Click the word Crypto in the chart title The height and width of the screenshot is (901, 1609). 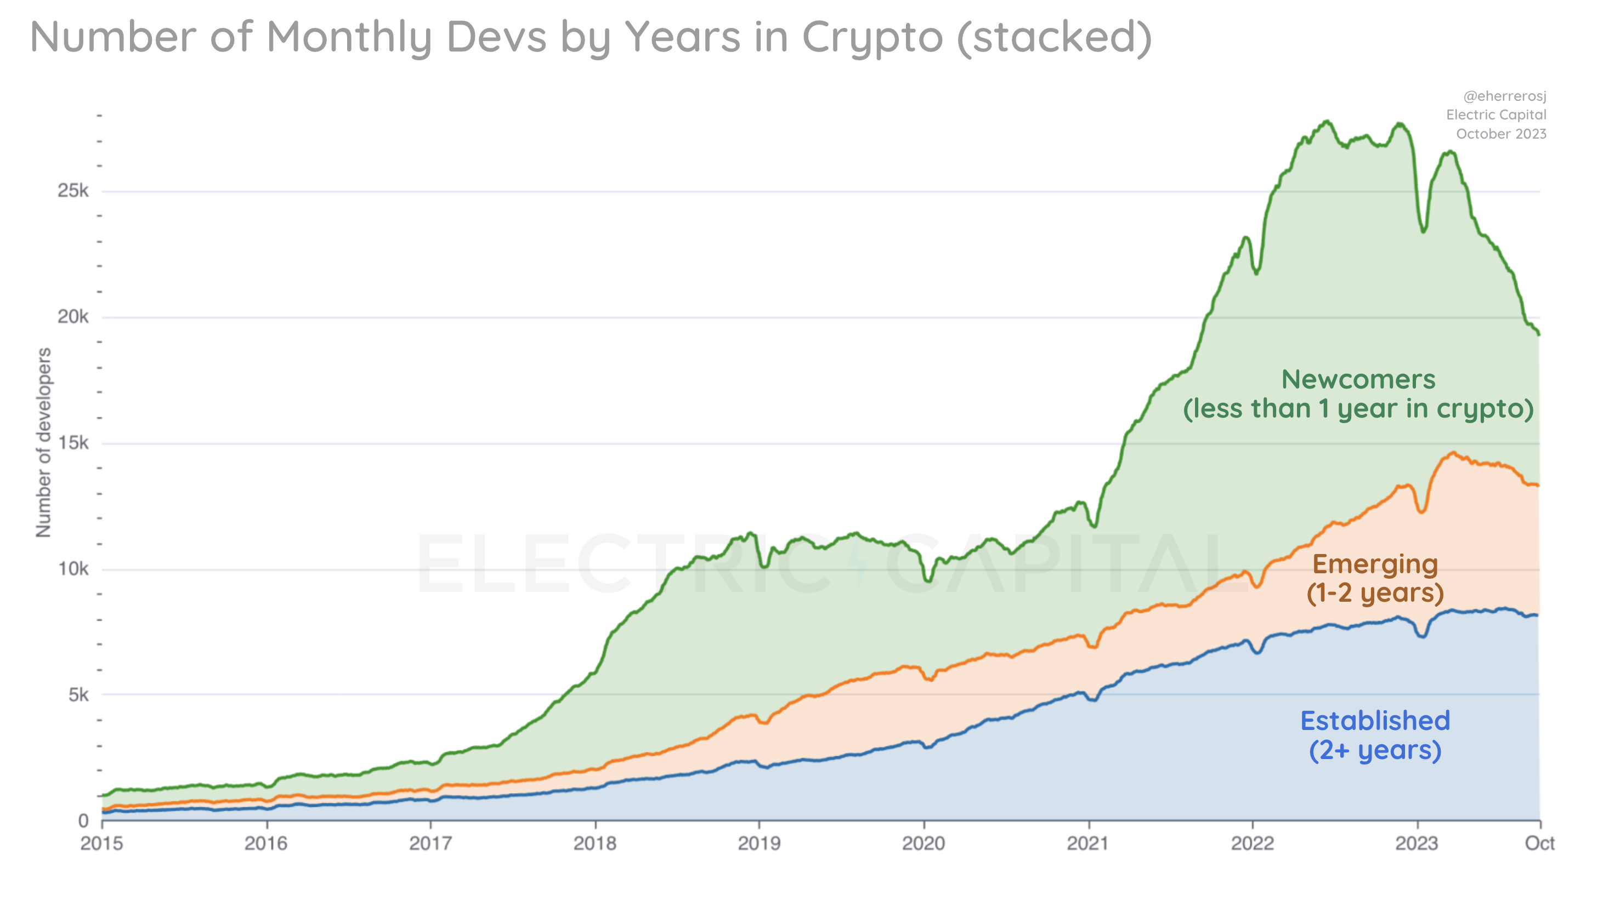[x=872, y=37]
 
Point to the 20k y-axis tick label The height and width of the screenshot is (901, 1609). [x=73, y=317]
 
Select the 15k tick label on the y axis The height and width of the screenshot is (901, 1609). [x=73, y=443]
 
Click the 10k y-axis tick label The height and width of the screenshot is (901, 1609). [x=73, y=569]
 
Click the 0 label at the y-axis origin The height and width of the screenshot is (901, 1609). [x=83, y=820]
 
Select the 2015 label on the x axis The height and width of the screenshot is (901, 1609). [x=102, y=843]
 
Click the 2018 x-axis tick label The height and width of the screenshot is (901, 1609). [x=594, y=843]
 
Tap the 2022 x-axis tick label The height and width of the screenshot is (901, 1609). [x=1253, y=843]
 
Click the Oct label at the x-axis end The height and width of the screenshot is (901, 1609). [x=1539, y=843]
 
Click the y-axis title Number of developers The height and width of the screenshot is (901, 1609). [x=43, y=442]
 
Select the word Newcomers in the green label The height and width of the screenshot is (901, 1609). [x=1358, y=379]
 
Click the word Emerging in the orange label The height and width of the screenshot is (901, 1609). [x=1375, y=564]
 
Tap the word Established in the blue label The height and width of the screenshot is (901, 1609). [x=1375, y=721]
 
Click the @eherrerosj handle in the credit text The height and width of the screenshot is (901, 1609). [x=1504, y=96]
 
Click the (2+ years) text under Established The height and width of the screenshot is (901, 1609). [x=1375, y=750]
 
